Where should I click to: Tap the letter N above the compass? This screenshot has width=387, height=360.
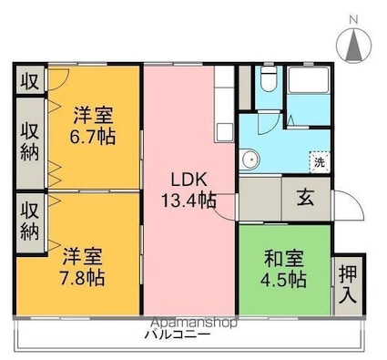click(353, 17)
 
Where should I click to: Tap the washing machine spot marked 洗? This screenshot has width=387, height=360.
click(319, 161)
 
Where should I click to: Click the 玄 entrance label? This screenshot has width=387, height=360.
click(305, 195)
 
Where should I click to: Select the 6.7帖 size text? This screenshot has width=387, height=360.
click(93, 137)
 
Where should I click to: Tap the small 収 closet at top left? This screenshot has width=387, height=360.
click(29, 80)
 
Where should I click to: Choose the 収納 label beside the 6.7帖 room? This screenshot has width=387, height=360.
click(29, 139)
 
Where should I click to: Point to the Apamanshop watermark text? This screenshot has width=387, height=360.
click(191, 323)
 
